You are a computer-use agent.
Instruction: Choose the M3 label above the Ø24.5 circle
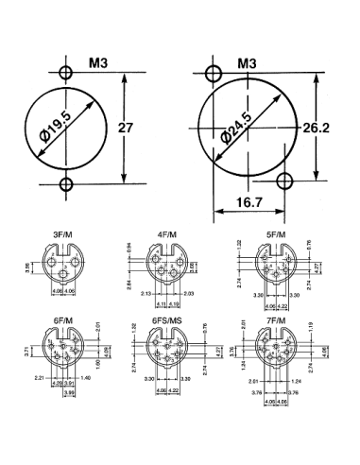[x=248, y=63]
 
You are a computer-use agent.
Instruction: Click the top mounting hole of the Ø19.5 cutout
[x=65, y=73]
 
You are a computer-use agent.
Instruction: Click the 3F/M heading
[x=66, y=231]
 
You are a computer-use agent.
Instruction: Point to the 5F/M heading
[x=277, y=231]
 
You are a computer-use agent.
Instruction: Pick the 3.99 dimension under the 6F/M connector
[x=68, y=392]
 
